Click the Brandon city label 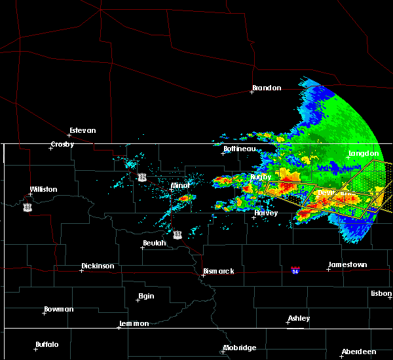[268, 88]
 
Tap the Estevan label [83, 130]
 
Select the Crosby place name [64, 145]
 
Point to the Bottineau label [239, 149]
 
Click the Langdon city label [364, 153]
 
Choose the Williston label [43, 189]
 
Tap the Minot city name [180, 185]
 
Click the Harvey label [266, 213]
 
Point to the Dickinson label [98, 266]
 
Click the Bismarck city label [219, 271]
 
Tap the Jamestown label [348, 264]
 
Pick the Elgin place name [147, 296]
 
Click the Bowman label [59, 309]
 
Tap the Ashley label [299, 318]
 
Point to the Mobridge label [239, 348]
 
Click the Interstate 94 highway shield [295, 269]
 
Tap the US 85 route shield [27, 207]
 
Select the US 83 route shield [178, 234]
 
